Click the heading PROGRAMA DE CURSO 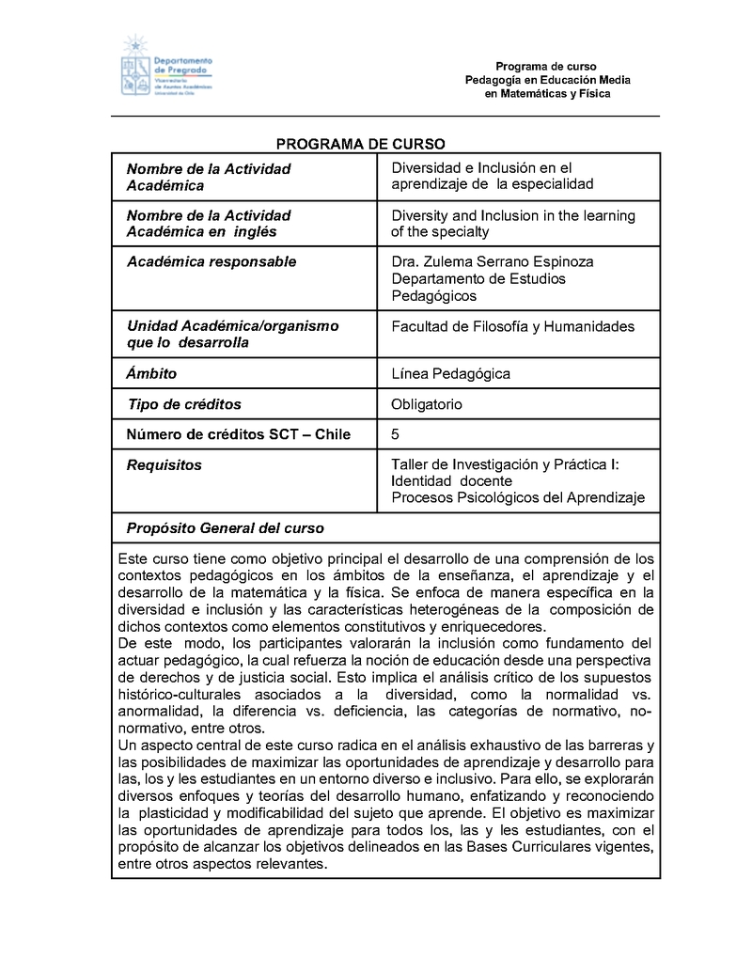click(x=359, y=144)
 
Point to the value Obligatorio click(x=427, y=404)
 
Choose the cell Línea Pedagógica click(x=450, y=373)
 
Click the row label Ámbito click(x=151, y=373)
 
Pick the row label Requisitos click(x=164, y=464)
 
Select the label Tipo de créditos click(x=183, y=404)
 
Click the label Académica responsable click(x=211, y=261)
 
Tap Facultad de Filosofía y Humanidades click(x=512, y=326)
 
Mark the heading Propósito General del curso click(x=225, y=527)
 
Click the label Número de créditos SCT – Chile click(x=238, y=434)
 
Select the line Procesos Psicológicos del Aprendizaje click(x=518, y=498)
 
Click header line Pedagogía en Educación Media click(x=547, y=81)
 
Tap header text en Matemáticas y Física click(x=547, y=94)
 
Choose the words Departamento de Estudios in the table click(x=478, y=279)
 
